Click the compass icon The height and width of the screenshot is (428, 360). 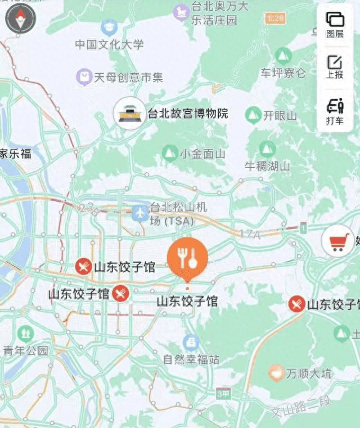tap(20, 20)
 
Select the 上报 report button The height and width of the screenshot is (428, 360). tap(335, 67)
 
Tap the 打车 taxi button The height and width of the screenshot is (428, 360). tap(335, 111)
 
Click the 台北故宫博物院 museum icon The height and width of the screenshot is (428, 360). tap(129, 114)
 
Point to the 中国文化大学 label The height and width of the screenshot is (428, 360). tap(110, 44)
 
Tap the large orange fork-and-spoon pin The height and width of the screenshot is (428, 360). tap(187, 259)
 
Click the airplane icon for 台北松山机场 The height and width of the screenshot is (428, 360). tap(140, 213)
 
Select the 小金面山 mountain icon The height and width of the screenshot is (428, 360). tap(169, 153)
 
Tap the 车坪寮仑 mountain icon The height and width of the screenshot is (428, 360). tap(283, 55)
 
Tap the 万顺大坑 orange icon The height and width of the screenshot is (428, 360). tap(276, 372)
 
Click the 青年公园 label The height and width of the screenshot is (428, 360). tap(26, 351)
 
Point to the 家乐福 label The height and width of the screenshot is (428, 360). tap(15, 153)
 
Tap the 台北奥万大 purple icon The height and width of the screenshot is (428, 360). tap(181, 11)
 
